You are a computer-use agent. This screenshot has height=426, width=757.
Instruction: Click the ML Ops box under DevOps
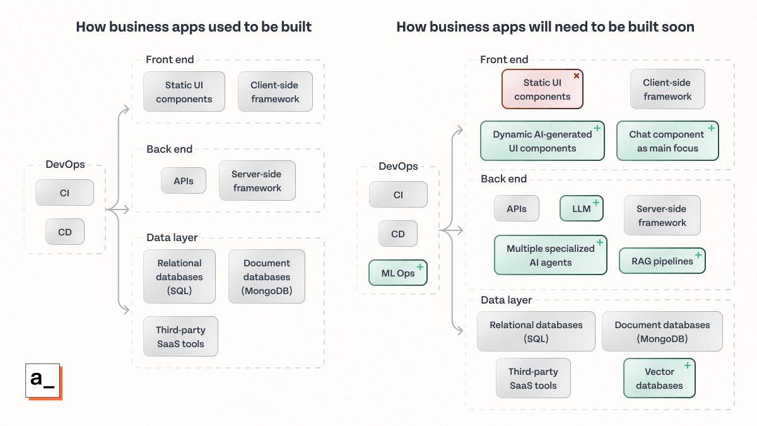tap(398, 273)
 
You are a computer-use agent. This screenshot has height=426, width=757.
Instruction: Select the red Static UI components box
tap(542, 90)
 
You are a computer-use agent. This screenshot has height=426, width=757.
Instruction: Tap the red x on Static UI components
tap(576, 76)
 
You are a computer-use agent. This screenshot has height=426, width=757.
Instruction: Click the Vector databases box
tap(659, 379)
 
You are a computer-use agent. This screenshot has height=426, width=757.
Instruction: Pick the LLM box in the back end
tap(582, 208)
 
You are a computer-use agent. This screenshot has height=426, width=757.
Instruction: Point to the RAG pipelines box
tap(662, 261)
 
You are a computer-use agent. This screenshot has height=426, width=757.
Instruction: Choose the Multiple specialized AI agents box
tap(550, 256)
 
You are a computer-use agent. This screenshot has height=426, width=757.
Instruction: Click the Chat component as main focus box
tap(667, 141)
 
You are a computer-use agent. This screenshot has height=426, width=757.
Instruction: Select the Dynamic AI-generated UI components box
tap(542, 141)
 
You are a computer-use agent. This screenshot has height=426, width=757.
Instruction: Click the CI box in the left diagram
tap(64, 193)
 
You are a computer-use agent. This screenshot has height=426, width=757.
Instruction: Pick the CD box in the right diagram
tap(398, 234)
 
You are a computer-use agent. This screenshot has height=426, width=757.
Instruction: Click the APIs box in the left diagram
tap(184, 181)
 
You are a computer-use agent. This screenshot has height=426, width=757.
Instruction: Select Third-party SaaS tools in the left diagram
tap(180, 337)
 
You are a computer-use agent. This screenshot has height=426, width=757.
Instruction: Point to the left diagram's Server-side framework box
tap(257, 181)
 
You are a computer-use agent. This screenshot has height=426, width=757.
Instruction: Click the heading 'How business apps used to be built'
tap(194, 27)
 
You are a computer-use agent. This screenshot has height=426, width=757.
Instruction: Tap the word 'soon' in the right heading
tap(676, 27)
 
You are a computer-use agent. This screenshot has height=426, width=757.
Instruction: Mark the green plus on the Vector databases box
tap(688, 365)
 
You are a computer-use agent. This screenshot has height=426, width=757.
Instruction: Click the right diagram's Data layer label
tap(506, 300)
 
